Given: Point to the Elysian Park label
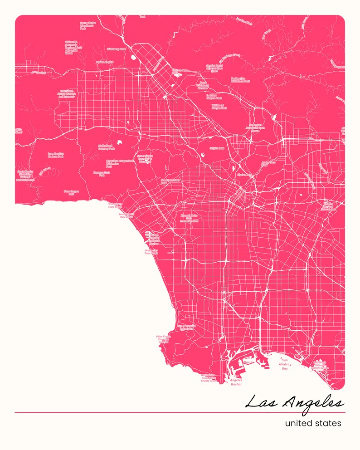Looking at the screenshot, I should coord(244,175).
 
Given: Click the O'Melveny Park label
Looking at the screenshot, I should coord(103,48).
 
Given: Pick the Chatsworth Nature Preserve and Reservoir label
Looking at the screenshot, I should coord(66,93).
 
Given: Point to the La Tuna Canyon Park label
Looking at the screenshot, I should coord(214,97).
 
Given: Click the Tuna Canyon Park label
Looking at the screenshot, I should coord(72,192).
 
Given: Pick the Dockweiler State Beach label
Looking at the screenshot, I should coord(151,251).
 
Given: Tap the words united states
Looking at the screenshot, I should coord(313,423).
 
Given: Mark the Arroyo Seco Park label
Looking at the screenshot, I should coord(269,163).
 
